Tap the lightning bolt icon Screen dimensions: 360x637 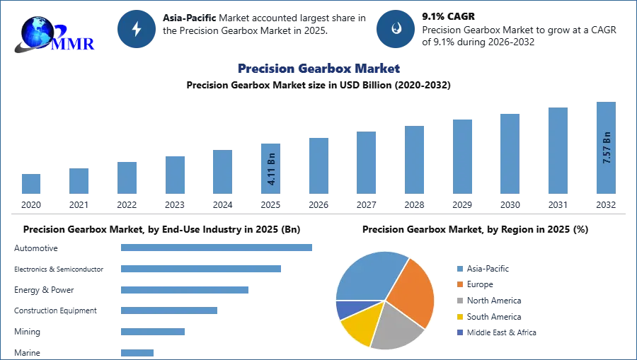(x=137, y=29)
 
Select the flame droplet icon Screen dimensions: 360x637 (x=396, y=29)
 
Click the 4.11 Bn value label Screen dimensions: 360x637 (x=271, y=169)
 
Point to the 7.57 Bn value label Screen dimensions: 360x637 (x=606, y=148)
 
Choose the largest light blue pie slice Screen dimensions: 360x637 (x=368, y=276)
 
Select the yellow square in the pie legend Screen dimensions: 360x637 (x=459, y=317)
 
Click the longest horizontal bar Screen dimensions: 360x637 (x=217, y=248)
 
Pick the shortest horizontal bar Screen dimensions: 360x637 (x=138, y=351)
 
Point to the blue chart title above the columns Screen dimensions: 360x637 (x=319, y=69)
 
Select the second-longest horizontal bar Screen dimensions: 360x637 (x=200, y=269)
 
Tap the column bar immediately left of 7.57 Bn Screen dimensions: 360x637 (x=557, y=151)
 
